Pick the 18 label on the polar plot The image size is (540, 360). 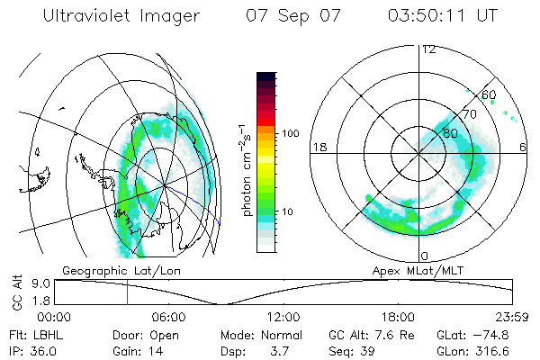pyautogui.click(x=318, y=147)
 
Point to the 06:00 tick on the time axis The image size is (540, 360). pyautogui.click(x=168, y=317)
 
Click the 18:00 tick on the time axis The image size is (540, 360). pyautogui.click(x=398, y=317)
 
